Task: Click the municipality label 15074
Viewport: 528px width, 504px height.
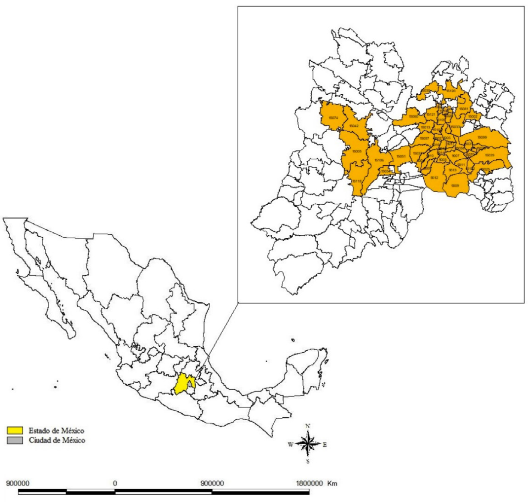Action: (333, 118)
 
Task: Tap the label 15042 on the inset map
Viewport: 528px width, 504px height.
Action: (353, 126)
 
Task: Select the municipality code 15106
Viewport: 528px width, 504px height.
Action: (379, 161)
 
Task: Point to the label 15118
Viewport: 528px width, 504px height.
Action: (357, 181)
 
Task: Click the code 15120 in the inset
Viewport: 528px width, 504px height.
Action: (451, 91)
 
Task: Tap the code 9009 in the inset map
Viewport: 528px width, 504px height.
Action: (455, 186)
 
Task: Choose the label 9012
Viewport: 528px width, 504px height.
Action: (434, 178)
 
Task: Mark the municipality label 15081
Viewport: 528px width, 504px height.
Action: (463, 109)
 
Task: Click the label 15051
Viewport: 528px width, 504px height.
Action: (401, 156)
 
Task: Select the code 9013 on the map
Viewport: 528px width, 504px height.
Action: (453, 171)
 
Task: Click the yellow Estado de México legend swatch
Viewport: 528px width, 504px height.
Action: (15, 431)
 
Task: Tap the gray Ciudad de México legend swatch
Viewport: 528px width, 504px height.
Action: (15, 440)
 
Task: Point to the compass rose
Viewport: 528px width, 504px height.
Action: (307, 444)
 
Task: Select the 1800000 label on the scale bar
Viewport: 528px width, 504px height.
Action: (309, 484)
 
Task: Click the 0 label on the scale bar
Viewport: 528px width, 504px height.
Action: (115, 484)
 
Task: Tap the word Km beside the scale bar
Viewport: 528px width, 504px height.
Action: (332, 484)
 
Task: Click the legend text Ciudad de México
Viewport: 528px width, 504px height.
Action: (57, 440)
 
